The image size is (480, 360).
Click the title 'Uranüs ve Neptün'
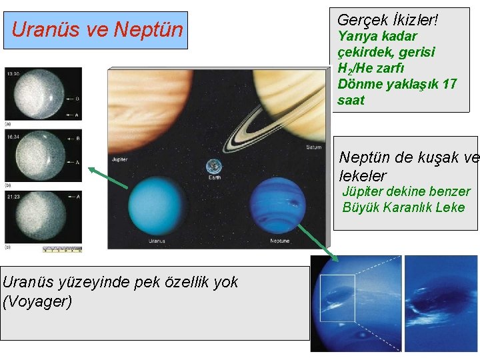pos(97,30)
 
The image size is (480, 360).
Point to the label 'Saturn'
pos(313,147)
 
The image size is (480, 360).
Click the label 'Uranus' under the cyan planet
pos(156,241)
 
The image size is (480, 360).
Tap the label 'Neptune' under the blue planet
pos(279,241)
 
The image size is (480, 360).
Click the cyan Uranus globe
pos(155,206)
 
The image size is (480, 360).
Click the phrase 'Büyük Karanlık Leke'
pos(403,207)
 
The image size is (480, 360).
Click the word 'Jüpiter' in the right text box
pos(363,192)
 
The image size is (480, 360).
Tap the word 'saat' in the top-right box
pos(351,101)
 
